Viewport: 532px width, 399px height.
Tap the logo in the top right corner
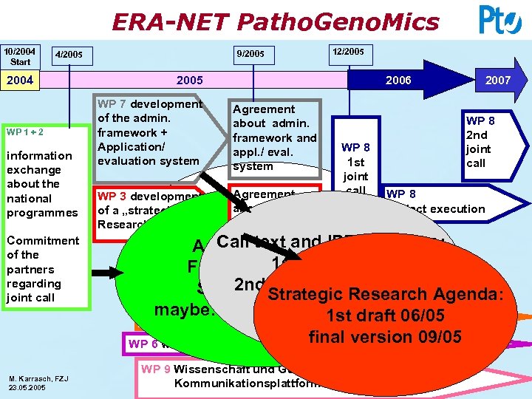tap(499, 20)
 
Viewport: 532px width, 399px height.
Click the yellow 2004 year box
tap(20, 80)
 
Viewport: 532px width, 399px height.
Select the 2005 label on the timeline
tap(189, 80)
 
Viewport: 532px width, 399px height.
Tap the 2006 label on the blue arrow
tap(398, 80)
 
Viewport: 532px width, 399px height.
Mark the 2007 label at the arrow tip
tap(497, 80)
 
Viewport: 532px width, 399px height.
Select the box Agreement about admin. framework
tap(274, 137)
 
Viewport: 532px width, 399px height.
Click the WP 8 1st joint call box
tap(355, 163)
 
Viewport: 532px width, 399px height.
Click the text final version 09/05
tap(385, 337)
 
